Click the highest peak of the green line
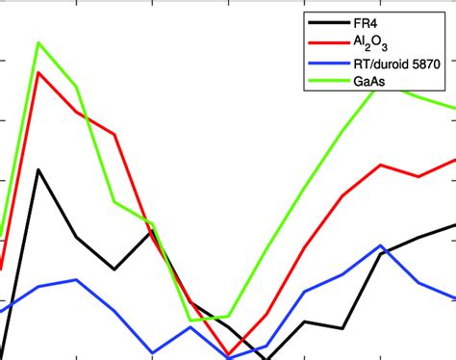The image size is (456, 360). click(x=38, y=42)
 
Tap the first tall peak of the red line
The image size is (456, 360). click(x=38, y=72)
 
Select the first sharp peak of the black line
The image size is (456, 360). click(x=38, y=169)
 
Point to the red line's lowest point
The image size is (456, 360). click(x=228, y=355)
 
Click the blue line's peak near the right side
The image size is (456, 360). click(x=381, y=245)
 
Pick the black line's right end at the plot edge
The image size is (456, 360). click(x=454, y=224)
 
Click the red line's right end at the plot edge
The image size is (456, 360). click(x=454, y=160)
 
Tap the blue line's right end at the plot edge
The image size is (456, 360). click(x=454, y=298)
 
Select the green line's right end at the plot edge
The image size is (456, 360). click(x=454, y=109)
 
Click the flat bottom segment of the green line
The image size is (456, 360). click(x=209, y=318)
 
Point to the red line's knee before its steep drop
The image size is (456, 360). click(x=114, y=135)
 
